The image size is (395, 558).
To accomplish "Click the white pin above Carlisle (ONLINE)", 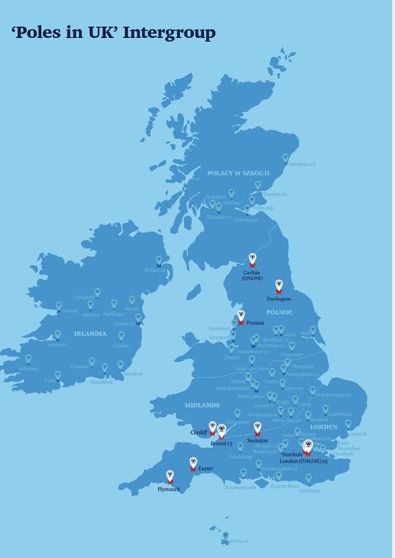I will click(x=253, y=258).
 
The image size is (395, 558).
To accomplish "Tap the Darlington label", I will click(x=279, y=299).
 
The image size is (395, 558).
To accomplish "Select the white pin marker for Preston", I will click(x=241, y=316).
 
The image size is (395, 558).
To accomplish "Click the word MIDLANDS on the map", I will click(x=201, y=405).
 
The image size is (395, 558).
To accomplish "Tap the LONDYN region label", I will click(x=324, y=427).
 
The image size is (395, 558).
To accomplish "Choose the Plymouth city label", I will click(x=169, y=489).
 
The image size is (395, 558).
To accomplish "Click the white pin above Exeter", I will click(x=192, y=463).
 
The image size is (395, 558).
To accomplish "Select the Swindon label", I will click(x=258, y=439).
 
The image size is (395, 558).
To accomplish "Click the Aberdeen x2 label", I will click(x=301, y=164).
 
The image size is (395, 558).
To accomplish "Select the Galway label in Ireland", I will click(x=70, y=311).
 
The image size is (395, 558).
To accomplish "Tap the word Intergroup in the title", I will click(x=169, y=32).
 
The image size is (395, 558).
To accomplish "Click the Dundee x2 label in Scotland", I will click(x=273, y=194).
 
